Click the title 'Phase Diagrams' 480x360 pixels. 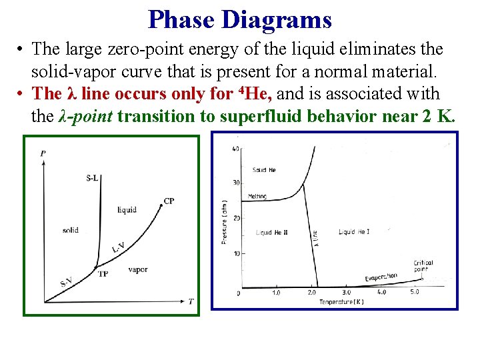[240, 19]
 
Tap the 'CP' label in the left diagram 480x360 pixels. [169, 201]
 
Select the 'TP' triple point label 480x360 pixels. [103, 274]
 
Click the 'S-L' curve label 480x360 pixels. [94, 177]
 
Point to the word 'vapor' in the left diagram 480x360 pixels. [137, 270]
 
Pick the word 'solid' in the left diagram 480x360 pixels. [70, 230]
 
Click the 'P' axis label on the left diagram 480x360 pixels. [43, 154]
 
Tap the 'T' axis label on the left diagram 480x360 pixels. [191, 301]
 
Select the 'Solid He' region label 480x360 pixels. [264, 170]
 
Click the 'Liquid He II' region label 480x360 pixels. [272, 232]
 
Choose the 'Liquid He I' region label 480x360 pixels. [353, 232]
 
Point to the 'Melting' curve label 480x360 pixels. [257, 197]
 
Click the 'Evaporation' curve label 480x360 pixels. [381, 277]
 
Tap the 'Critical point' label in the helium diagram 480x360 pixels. [423, 265]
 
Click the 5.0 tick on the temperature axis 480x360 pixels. [414, 293]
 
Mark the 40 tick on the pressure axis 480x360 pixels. [235, 149]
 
